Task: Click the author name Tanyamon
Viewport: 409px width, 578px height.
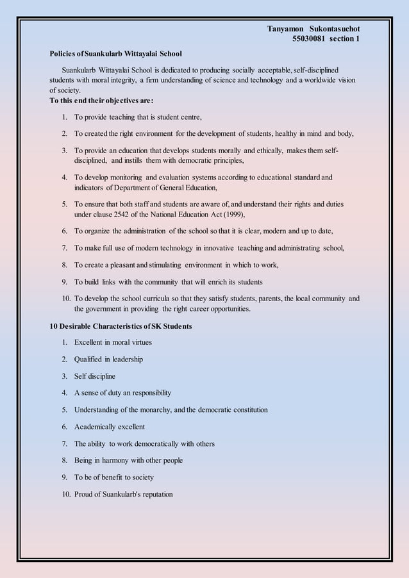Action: (286, 29)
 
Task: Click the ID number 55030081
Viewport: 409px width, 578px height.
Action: (308, 39)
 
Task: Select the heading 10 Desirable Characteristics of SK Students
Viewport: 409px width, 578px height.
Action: (121, 326)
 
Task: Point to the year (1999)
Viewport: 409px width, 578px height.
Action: (234, 215)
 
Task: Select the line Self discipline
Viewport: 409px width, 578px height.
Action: (95, 376)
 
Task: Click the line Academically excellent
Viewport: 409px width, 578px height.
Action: (110, 427)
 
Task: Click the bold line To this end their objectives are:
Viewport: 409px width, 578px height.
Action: (101, 101)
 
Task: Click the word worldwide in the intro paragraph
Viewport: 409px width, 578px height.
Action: (315, 80)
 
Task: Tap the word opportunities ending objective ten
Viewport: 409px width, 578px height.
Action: (222, 309)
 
